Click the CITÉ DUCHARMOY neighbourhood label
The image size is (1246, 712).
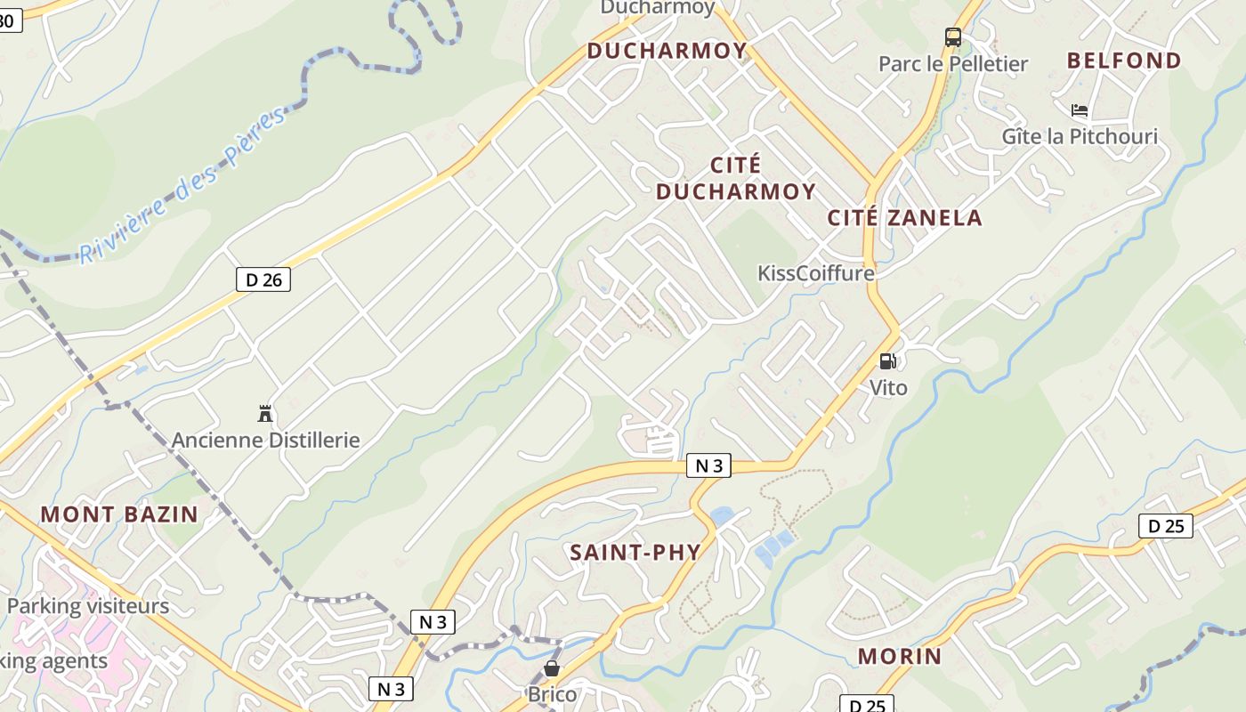pyautogui.click(x=736, y=178)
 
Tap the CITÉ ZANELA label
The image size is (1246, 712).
pyautogui.click(x=904, y=218)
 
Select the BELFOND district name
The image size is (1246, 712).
pyautogui.click(x=1124, y=61)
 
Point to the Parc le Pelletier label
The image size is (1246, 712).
pyautogui.click(x=953, y=64)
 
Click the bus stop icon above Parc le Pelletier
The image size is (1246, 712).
pyautogui.click(x=953, y=37)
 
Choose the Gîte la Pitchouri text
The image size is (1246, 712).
pyautogui.click(x=1080, y=136)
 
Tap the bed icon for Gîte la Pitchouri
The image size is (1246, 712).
pyautogui.click(x=1080, y=110)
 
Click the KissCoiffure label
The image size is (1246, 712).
pyautogui.click(x=816, y=273)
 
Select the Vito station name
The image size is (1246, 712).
pyautogui.click(x=888, y=387)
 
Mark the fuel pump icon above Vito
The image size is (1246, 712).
pyautogui.click(x=887, y=361)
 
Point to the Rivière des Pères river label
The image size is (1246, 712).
pyautogui.click(x=183, y=185)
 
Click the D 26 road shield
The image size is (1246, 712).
pyautogui.click(x=263, y=279)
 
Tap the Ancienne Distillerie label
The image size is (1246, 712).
pyautogui.click(x=265, y=440)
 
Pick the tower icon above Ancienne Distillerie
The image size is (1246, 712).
pyautogui.click(x=264, y=414)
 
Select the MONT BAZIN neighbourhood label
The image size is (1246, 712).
pyautogui.click(x=119, y=514)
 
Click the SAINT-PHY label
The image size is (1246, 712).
pyautogui.click(x=635, y=552)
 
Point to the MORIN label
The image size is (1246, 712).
pyautogui.click(x=900, y=657)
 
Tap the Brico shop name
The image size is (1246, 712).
pyautogui.click(x=552, y=694)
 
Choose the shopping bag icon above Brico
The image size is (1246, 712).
pyautogui.click(x=552, y=668)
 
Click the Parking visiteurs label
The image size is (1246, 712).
pyautogui.click(x=87, y=606)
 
